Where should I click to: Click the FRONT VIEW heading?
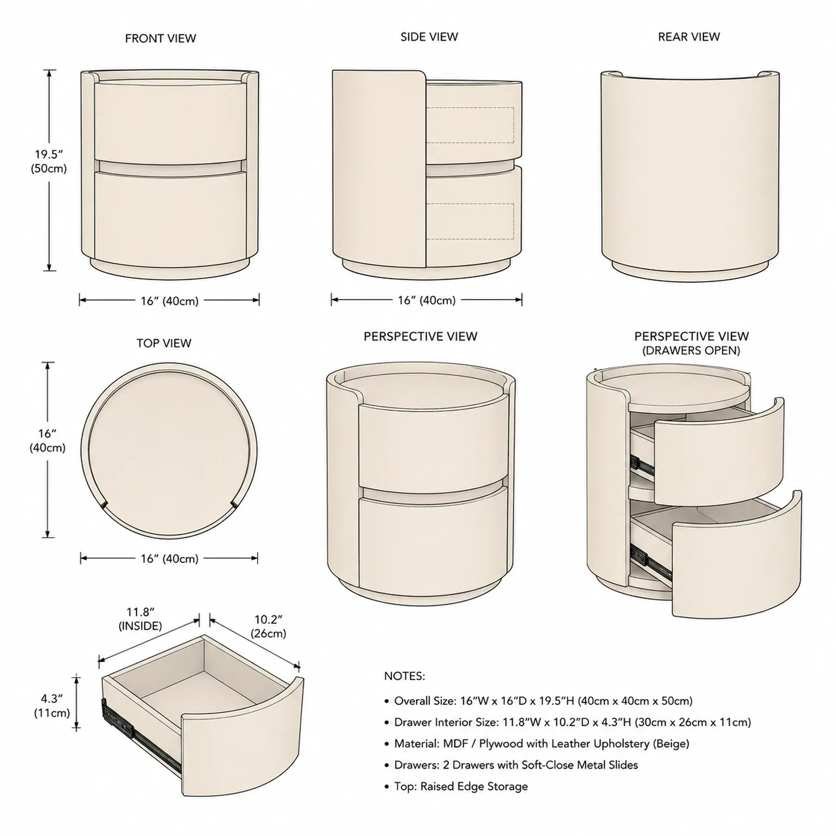point(160,38)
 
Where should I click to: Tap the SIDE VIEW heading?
point(429,37)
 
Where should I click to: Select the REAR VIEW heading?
point(689,37)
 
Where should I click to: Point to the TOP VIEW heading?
point(164,343)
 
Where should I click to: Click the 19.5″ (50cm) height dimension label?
point(49,161)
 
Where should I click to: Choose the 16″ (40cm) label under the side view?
point(427,300)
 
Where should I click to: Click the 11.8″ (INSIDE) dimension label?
point(140,619)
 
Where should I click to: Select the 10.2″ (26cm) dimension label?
point(268,626)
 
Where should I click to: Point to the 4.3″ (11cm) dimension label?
point(52,705)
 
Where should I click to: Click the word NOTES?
point(405,676)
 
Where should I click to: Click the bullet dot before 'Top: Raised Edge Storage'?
point(387,787)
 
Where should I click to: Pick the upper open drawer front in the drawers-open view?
point(719,454)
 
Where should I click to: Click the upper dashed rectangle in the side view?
point(470,125)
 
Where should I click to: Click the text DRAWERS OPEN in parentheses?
point(691,351)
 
